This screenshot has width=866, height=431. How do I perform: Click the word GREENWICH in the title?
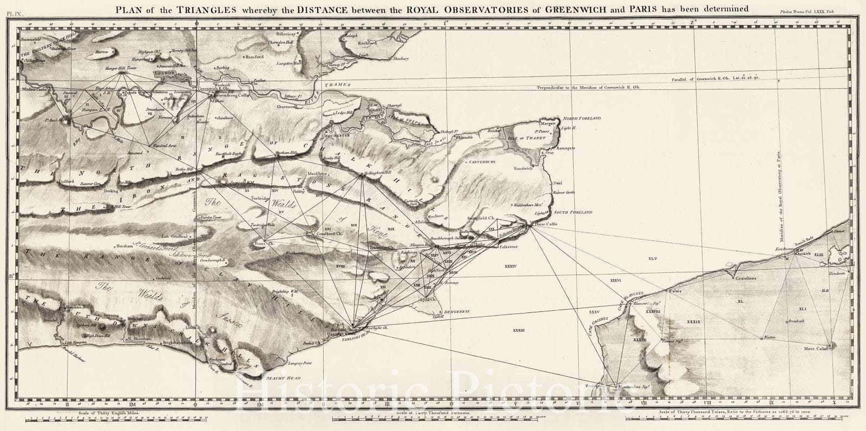(550, 8)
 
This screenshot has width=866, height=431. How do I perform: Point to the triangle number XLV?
(652, 259)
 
